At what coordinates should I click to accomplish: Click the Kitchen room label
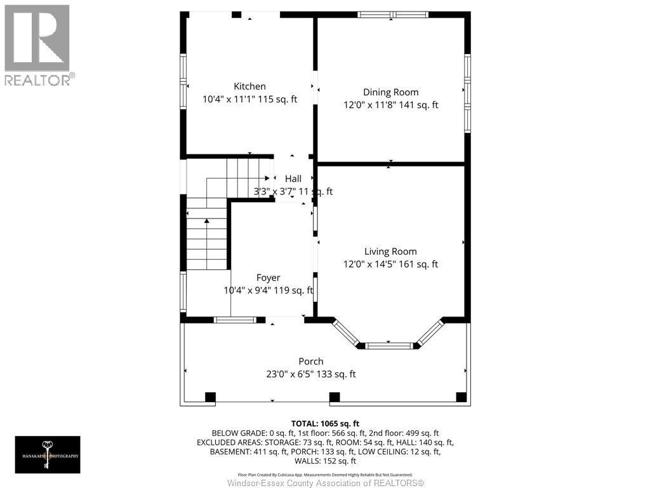click(x=249, y=86)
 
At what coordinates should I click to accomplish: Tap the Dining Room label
click(x=390, y=92)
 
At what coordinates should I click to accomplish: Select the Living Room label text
click(x=390, y=252)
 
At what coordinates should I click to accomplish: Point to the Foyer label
click(x=268, y=278)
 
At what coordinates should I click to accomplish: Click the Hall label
click(x=293, y=179)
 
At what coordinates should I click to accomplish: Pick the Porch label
click(x=311, y=362)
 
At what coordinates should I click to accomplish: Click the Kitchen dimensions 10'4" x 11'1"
click(x=229, y=99)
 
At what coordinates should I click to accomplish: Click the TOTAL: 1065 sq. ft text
click(x=325, y=423)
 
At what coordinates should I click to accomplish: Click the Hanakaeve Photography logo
click(x=48, y=454)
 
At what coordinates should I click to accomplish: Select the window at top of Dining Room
click(x=393, y=14)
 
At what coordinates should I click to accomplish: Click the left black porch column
click(x=210, y=398)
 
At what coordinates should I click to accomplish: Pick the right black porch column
click(x=461, y=398)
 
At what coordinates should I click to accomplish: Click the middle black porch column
click(x=335, y=398)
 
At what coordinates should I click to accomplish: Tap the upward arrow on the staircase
click(x=206, y=221)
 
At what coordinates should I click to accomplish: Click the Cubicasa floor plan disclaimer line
click(x=325, y=475)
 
